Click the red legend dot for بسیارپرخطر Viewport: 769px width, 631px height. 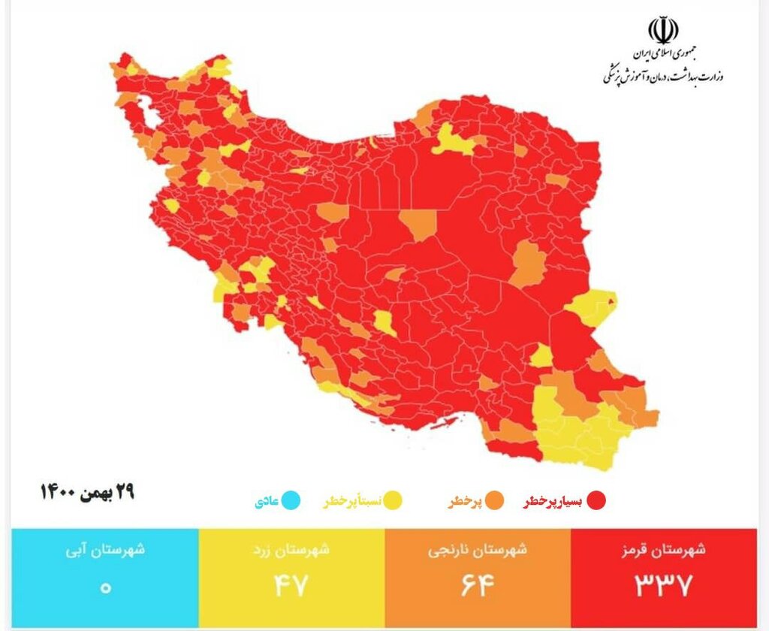point(596,500)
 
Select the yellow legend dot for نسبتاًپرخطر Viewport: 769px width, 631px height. point(391,500)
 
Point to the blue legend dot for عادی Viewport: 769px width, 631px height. point(291,500)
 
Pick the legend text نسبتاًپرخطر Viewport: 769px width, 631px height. point(352,501)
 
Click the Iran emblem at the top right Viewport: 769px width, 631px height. point(663,31)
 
